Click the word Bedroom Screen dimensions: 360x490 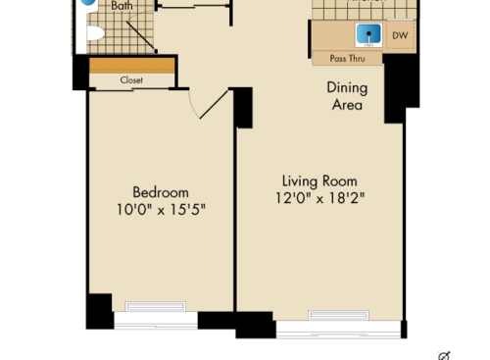click(x=161, y=192)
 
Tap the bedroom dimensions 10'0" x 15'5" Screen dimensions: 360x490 click(x=161, y=210)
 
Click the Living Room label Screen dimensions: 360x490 click(x=319, y=181)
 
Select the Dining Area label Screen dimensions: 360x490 click(x=346, y=95)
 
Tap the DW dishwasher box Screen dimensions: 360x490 click(x=399, y=36)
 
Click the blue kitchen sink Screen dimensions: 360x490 click(x=368, y=35)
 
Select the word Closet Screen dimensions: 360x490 click(x=131, y=80)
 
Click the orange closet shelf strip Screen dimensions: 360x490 click(x=131, y=66)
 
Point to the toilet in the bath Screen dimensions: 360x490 click(x=94, y=35)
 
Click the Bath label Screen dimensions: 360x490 click(x=122, y=6)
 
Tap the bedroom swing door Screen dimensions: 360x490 click(x=214, y=102)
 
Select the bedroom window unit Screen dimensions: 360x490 click(x=156, y=305)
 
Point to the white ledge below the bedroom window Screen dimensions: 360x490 click(x=156, y=320)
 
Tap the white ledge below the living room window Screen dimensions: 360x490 click(x=338, y=332)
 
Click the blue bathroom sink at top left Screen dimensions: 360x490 click(x=89, y=3)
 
